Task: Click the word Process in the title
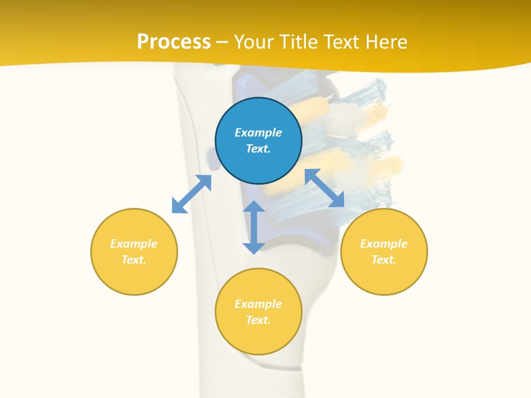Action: coord(174,42)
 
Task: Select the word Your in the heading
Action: coord(254,42)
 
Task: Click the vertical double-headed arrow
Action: coord(254,227)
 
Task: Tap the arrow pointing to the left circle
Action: coord(191,194)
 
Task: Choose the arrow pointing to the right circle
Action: coord(325,188)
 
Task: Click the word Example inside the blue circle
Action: coord(258,133)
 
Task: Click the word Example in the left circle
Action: coord(134,244)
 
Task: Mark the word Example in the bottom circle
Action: coord(258,304)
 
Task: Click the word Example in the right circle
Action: coord(384,244)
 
